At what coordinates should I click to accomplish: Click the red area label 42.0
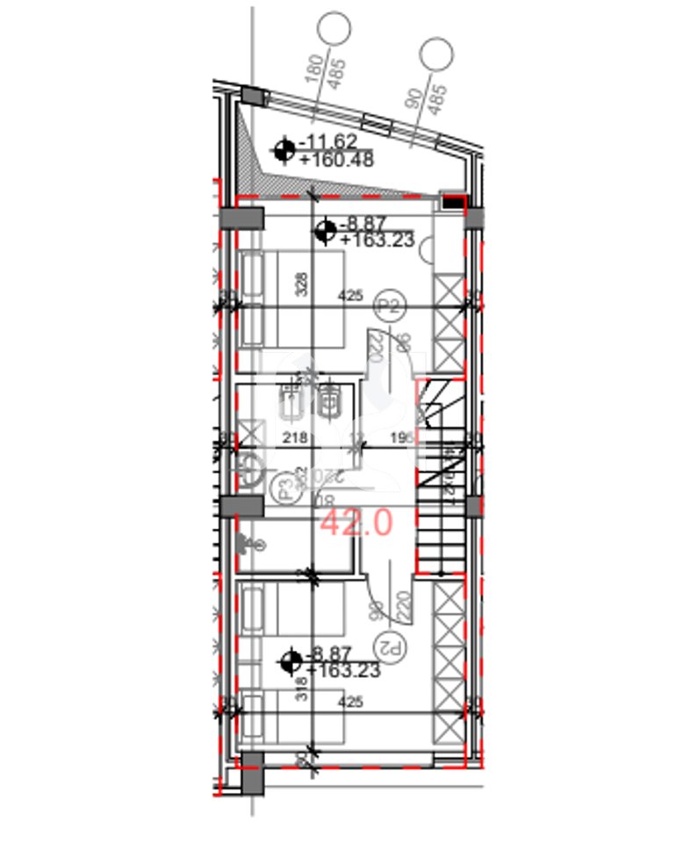pyautogui.click(x=356, y=522)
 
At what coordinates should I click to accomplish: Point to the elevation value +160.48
pyautogui.click(x=336, y=160)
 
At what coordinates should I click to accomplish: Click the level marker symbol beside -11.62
pyautogui.click(x=284, y=151)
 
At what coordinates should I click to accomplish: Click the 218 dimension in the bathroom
pyautogui.click(x=291, y=437)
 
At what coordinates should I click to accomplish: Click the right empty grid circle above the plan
pyautogui.click(x=435, y=54)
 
